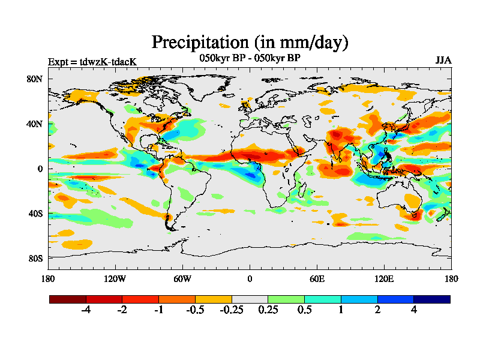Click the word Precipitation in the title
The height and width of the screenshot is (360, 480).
tap(198, 43)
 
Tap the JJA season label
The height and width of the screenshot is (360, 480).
tap(443, 61)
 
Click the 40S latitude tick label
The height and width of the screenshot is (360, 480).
tap(35, 214)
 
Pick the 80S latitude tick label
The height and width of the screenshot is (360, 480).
tap(35, 258)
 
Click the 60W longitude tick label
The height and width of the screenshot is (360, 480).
tap(182, 278)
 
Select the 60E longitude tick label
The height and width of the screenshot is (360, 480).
tap(317, 278)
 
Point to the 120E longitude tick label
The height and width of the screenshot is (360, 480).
tap(384, 278)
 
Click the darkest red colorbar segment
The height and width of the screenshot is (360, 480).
tap(68, 299)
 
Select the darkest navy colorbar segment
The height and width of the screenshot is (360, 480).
tap(431, 299)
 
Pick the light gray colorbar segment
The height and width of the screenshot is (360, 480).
tap(250, 299)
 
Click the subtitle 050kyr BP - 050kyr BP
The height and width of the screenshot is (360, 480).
tap(250, 58)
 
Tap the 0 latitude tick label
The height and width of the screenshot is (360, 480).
tap(40, 169)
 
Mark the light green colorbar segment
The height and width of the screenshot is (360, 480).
tap(286, 299)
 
